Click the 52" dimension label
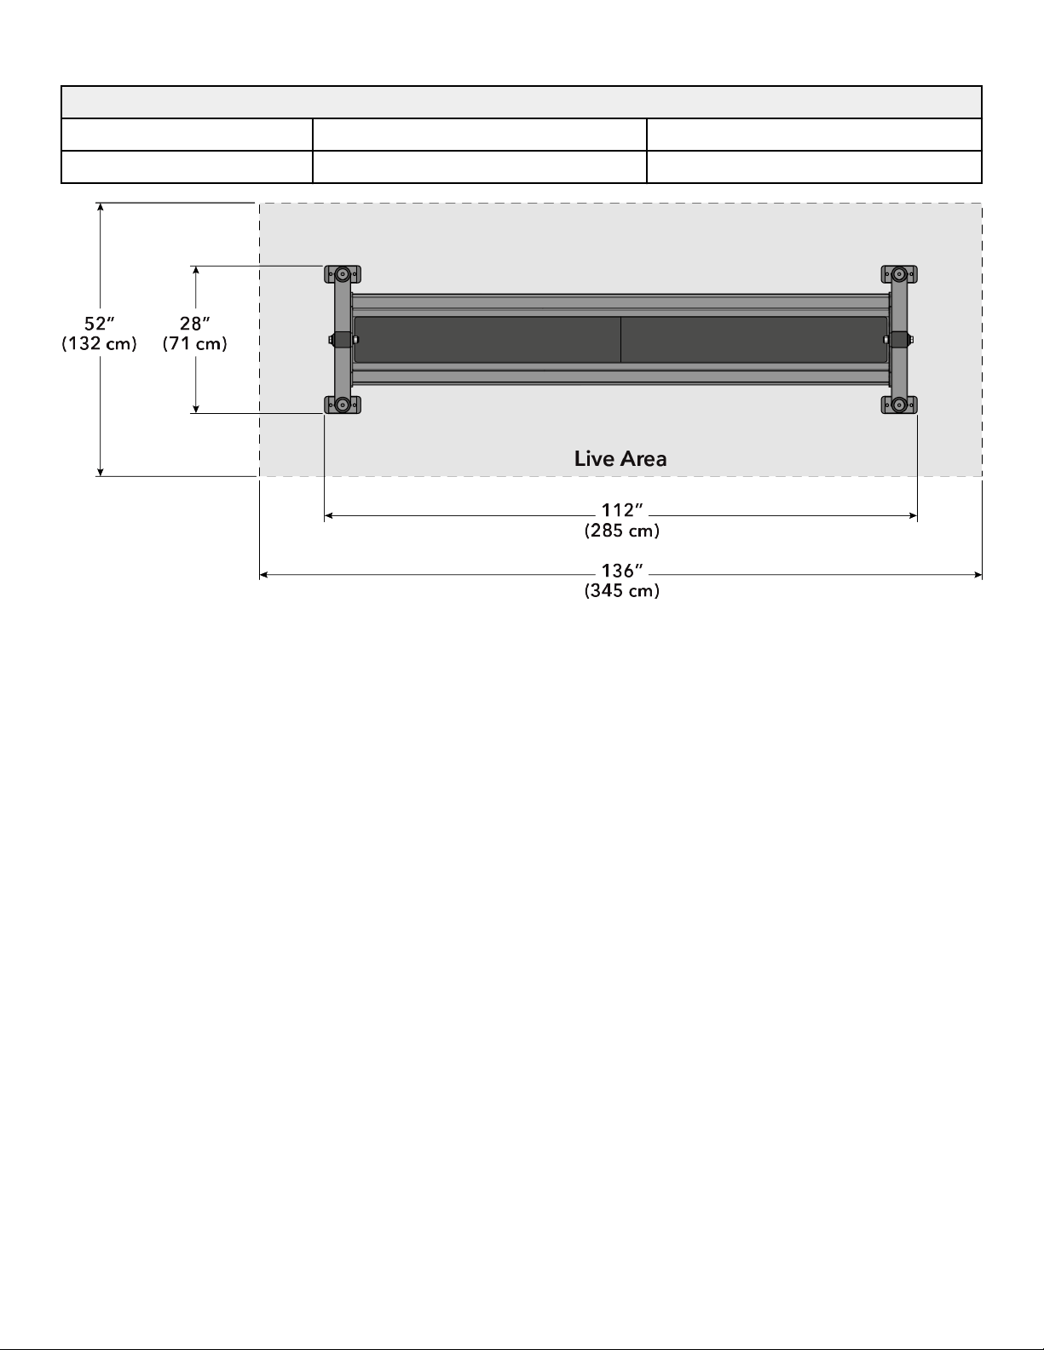point(100,323)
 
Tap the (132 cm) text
point(99,343)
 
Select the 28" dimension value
point(194,323)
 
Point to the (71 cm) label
point(194,343)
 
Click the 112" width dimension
point(621,510)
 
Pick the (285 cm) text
point(621,531)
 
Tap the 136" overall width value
point(621,571)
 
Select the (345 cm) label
point(621,590)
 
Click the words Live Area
point(620,458)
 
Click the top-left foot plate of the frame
point(343,274)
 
